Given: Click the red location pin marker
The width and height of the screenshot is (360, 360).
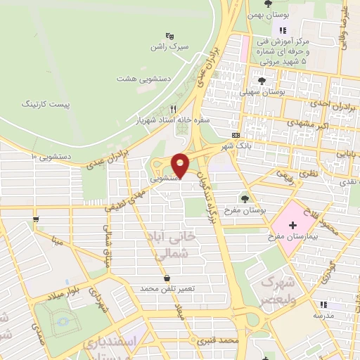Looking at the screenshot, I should click(x=181, y=165).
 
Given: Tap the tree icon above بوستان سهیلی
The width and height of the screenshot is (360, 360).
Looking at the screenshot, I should click(x=262, y=81).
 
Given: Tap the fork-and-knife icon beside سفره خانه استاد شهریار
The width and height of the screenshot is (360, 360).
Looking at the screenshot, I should click(x=173, y=109).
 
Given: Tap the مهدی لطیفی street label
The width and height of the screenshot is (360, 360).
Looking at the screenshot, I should click(x=123, y=198).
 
